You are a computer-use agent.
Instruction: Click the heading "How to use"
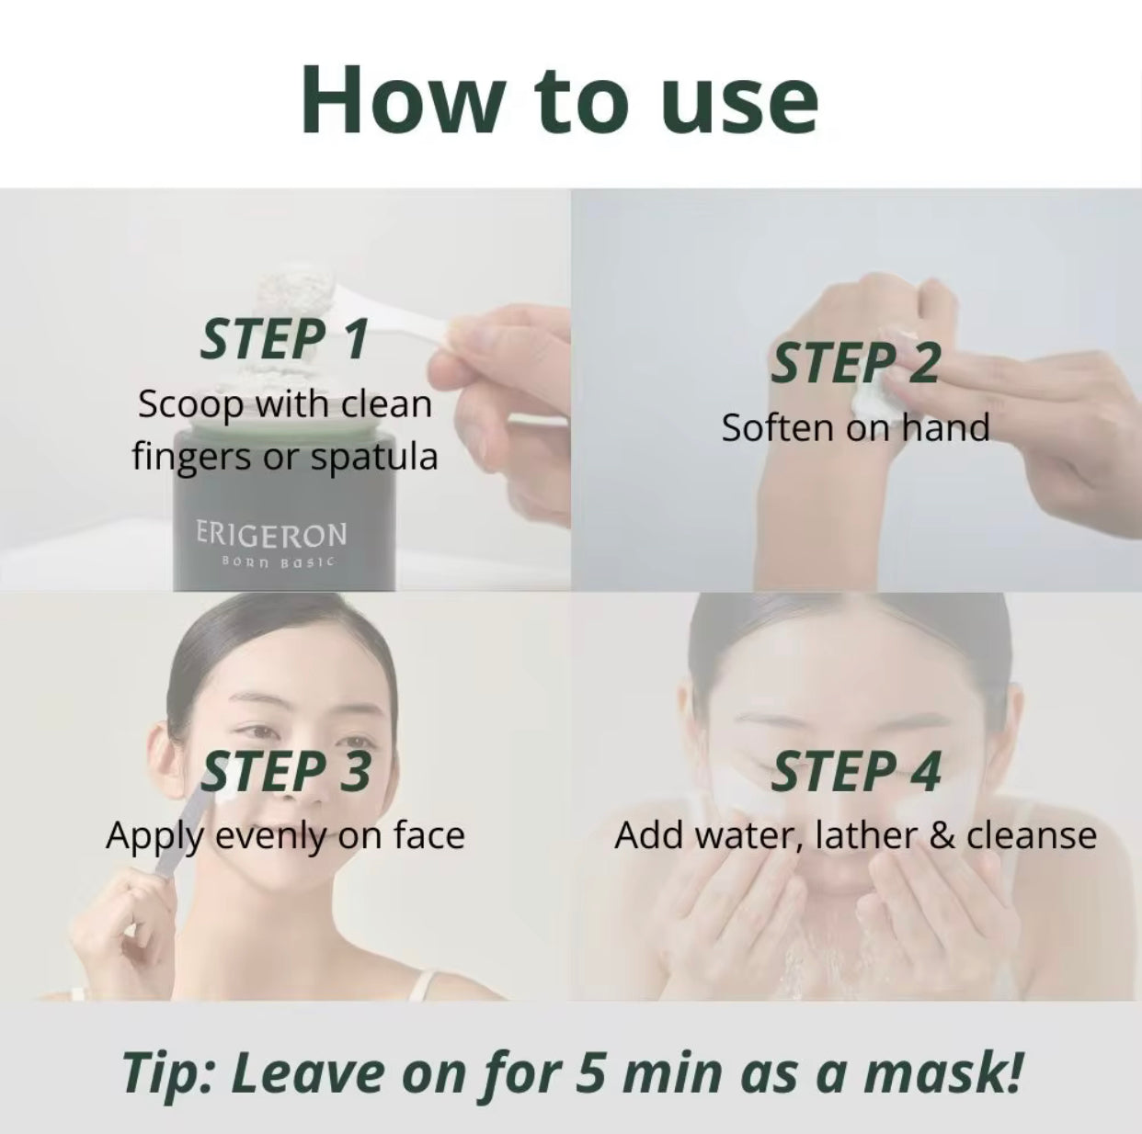coord(559,99)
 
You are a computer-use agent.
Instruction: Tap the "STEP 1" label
coord(284,339)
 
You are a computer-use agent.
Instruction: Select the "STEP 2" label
coord(855,363)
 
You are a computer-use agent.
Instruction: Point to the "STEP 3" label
coord(286,771)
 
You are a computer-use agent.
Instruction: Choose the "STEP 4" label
coord(855,771)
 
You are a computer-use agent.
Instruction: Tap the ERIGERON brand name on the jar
coord(271,534)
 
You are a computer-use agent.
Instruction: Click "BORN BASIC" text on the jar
coord(271,561)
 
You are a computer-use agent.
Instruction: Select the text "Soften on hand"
coord(855,428)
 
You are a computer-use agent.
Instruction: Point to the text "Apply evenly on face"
coord(285,835)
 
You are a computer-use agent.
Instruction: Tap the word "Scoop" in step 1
coord(188,404)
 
